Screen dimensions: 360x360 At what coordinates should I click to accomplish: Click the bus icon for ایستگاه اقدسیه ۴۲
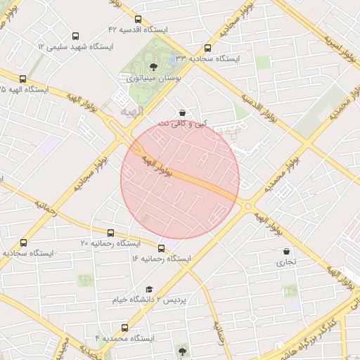click(137, 19)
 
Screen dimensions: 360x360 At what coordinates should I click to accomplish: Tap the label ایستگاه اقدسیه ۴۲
click(137, 30)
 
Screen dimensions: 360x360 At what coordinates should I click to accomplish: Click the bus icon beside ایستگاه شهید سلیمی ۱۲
click(76, 35)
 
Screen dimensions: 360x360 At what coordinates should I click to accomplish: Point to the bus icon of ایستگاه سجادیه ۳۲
click(207, 49)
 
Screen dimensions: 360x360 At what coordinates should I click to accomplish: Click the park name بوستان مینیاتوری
click(154, 79)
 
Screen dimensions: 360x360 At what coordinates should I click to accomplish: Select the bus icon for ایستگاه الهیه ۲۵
click(23, 79)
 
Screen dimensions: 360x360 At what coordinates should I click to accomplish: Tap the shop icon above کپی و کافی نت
click(182, 112)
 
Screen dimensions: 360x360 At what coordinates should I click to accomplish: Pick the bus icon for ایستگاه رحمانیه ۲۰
click(110, 233)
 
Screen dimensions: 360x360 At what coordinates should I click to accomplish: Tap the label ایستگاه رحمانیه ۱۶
click(161, 259)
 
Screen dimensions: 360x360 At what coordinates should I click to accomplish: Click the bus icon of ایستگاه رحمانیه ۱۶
click(162, 248)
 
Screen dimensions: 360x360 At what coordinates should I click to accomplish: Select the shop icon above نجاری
click(285, 251)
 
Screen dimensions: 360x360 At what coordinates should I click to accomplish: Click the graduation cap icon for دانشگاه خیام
click(149, 289)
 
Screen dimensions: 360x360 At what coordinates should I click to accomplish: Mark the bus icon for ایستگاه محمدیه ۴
click(125, 328)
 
